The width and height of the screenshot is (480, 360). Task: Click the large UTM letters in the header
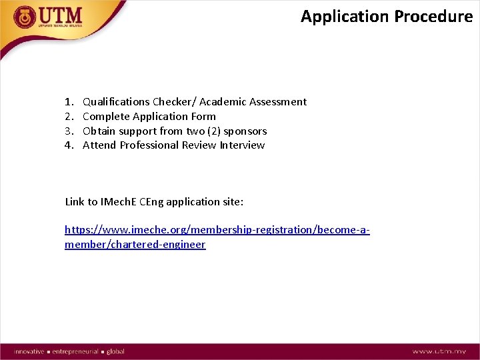pyautogui.click(x=61, y=15)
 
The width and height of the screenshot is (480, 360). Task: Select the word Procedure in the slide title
pyautogui.click(x=433, y=17)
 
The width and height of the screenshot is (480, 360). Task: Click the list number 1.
pyautogui.click(x=69, y=102)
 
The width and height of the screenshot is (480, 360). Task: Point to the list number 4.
pyautogui.click(x=69, y=145)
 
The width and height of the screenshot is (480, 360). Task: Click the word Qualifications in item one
pyautogui.click(x=116, y=102)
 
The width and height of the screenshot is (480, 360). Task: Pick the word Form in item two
pyautogui.click(x=203, y=117)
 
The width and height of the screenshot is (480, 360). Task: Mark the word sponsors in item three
pyautogui.click(x=245, y=131)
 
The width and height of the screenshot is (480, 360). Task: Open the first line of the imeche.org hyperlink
pyautogui.click(x=217, y=230)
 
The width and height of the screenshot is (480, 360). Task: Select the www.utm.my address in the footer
pyautogui.click(x=439, y=351)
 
